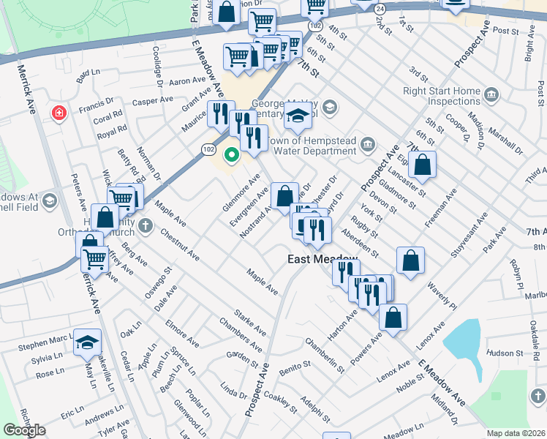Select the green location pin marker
[232, 154]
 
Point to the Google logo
[24, 430]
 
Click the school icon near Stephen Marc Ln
[87, 342]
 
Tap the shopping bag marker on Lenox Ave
[393, 318]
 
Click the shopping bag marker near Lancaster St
[423, 165]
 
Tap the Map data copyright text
[516, 433]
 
